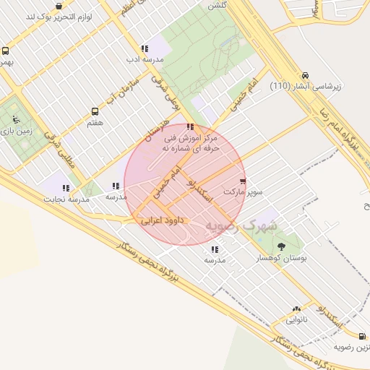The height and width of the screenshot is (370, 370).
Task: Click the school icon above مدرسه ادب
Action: pyautogui.click(x=144, y=48)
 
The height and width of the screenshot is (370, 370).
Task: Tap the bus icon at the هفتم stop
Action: pyautogui.click(x=95, y=112)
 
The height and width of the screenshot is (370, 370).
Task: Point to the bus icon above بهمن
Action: pyautogui.click(x=6, y=51)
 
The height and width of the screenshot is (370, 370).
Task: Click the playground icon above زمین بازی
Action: pyautogui.click(x=16, y=121)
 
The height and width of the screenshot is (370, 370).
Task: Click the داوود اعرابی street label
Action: pyautogui.click(x=163, y=218)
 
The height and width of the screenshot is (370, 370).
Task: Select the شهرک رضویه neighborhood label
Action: pyautogui.click(x=241, y=225)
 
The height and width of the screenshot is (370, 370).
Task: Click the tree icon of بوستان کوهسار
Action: pyautogui.click(x=281, y=246)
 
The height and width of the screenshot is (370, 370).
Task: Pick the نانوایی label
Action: pyautogui.click(x=296, y=319)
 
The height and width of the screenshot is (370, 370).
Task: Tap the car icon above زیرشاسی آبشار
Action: pyautogui.click(x=306, y=75)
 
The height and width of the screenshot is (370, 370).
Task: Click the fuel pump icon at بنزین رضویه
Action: pyautogui.click(x=362, y=337)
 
